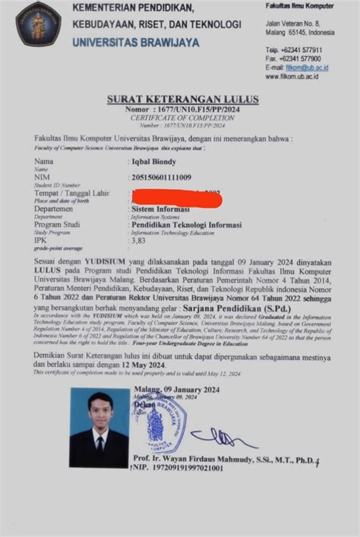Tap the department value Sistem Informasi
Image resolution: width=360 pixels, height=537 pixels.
pyautogui.click(x=161, y=209)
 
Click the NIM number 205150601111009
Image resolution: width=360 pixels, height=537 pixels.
pyautogui.click(x=162, y=177)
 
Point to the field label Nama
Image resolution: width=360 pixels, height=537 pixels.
pyautogui.click(x=44, y=162)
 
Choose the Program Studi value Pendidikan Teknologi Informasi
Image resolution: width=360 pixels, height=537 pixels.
pyautogui.click(x=186, y=225)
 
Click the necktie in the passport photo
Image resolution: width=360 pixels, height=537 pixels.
pyautogui.click(x=99, y=442)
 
